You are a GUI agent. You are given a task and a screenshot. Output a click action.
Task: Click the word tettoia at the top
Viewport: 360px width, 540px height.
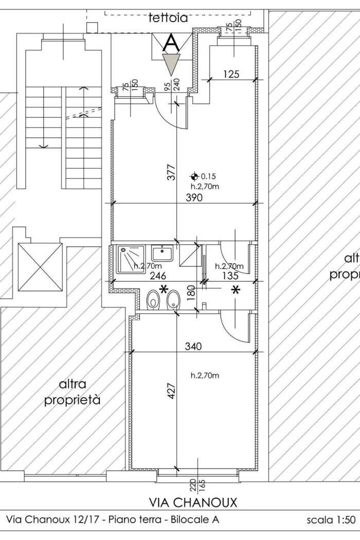[169, 18]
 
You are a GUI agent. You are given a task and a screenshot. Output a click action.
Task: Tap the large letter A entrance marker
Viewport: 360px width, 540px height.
[171, 43]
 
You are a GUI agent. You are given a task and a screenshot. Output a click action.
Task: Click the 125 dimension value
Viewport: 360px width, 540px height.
[231, 74]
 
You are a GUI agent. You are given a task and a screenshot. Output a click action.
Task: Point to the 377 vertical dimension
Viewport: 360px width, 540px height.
[171, 173]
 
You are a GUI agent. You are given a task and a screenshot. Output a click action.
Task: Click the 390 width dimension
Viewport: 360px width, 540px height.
[194, 197]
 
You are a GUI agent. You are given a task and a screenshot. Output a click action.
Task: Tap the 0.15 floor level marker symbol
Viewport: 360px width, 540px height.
[194, 176]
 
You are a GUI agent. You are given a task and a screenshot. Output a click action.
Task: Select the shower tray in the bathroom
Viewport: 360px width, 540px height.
[131, 259]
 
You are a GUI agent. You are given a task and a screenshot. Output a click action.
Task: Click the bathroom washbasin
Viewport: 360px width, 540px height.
[162, 253]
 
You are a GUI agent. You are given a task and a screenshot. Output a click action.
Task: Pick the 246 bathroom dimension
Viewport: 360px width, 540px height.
[158, 276]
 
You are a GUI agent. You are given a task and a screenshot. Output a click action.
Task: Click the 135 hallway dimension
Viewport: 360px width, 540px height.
[230, 276]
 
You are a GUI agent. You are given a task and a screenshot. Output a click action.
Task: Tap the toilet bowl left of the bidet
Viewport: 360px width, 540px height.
[153, 299]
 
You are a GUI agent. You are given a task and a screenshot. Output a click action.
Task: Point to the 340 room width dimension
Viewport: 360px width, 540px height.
[193, 346]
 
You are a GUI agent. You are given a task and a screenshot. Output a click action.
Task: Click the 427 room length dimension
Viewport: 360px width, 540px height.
[172, 391]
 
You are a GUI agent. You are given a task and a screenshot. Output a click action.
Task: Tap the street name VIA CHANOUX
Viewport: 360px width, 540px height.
[193, 502]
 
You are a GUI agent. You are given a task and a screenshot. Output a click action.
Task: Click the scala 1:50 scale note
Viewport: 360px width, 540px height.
[331, 519]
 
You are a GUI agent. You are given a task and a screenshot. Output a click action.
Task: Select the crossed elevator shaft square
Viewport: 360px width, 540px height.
[40, 267]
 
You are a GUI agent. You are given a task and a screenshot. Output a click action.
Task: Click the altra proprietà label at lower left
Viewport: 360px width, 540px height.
[73, 392]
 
